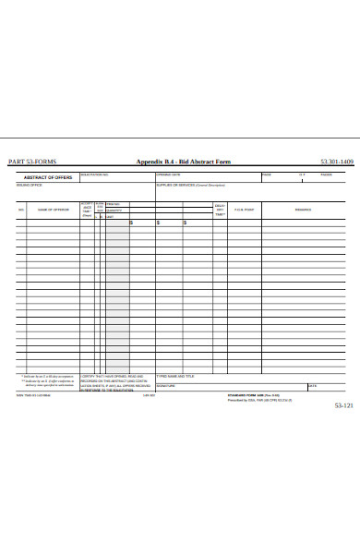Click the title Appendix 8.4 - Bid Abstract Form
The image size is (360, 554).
tap(184, 162)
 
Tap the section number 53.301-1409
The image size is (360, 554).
tap(337, 162)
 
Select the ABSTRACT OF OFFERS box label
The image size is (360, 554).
tap(48, 176)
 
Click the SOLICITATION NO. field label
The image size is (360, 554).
tap(95, 174)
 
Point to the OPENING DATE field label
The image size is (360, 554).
tap(168, 174)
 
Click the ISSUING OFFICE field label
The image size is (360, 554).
tap(30, 185)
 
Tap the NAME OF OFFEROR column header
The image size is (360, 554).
tap(54, 210)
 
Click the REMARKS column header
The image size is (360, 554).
tap(303, 210)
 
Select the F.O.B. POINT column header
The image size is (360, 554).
tap(245, 210)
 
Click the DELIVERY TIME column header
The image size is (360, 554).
tap(220, 210)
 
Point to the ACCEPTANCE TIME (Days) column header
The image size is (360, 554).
tap(88, 209)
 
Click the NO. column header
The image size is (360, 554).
tap(20, 210)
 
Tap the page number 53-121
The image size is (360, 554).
tap(342, 405)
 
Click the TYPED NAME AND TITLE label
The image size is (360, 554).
tap(175, 376)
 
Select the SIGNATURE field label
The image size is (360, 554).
tap(165, 385)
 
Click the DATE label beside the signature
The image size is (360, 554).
tap(312, 385)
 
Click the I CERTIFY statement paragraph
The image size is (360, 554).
tap(112, 382)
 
